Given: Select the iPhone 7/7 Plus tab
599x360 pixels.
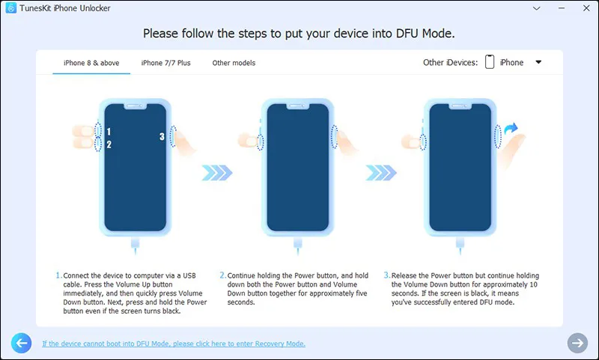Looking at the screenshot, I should click(165, 63).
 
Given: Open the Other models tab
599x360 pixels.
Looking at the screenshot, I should click(234, 63).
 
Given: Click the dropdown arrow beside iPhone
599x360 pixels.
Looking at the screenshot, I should click(538, 62).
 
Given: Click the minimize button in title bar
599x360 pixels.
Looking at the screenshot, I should click(557, 7).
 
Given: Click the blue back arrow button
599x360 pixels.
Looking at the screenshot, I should click(21, 343).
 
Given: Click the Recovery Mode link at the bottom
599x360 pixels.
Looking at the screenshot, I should click(174, 344).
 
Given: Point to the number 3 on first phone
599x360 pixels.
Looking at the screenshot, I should click(162, 136).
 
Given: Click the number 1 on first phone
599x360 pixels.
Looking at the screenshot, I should click(109, 132).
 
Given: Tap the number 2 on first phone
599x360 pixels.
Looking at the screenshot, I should click(109, 144).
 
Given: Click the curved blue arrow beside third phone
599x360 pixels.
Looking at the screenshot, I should click(511, 132).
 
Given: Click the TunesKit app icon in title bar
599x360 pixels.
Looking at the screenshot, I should click(11, 8).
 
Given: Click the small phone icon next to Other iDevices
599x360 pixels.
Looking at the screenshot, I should click(490, 62).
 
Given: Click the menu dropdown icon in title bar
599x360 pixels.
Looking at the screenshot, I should click(535, 7).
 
